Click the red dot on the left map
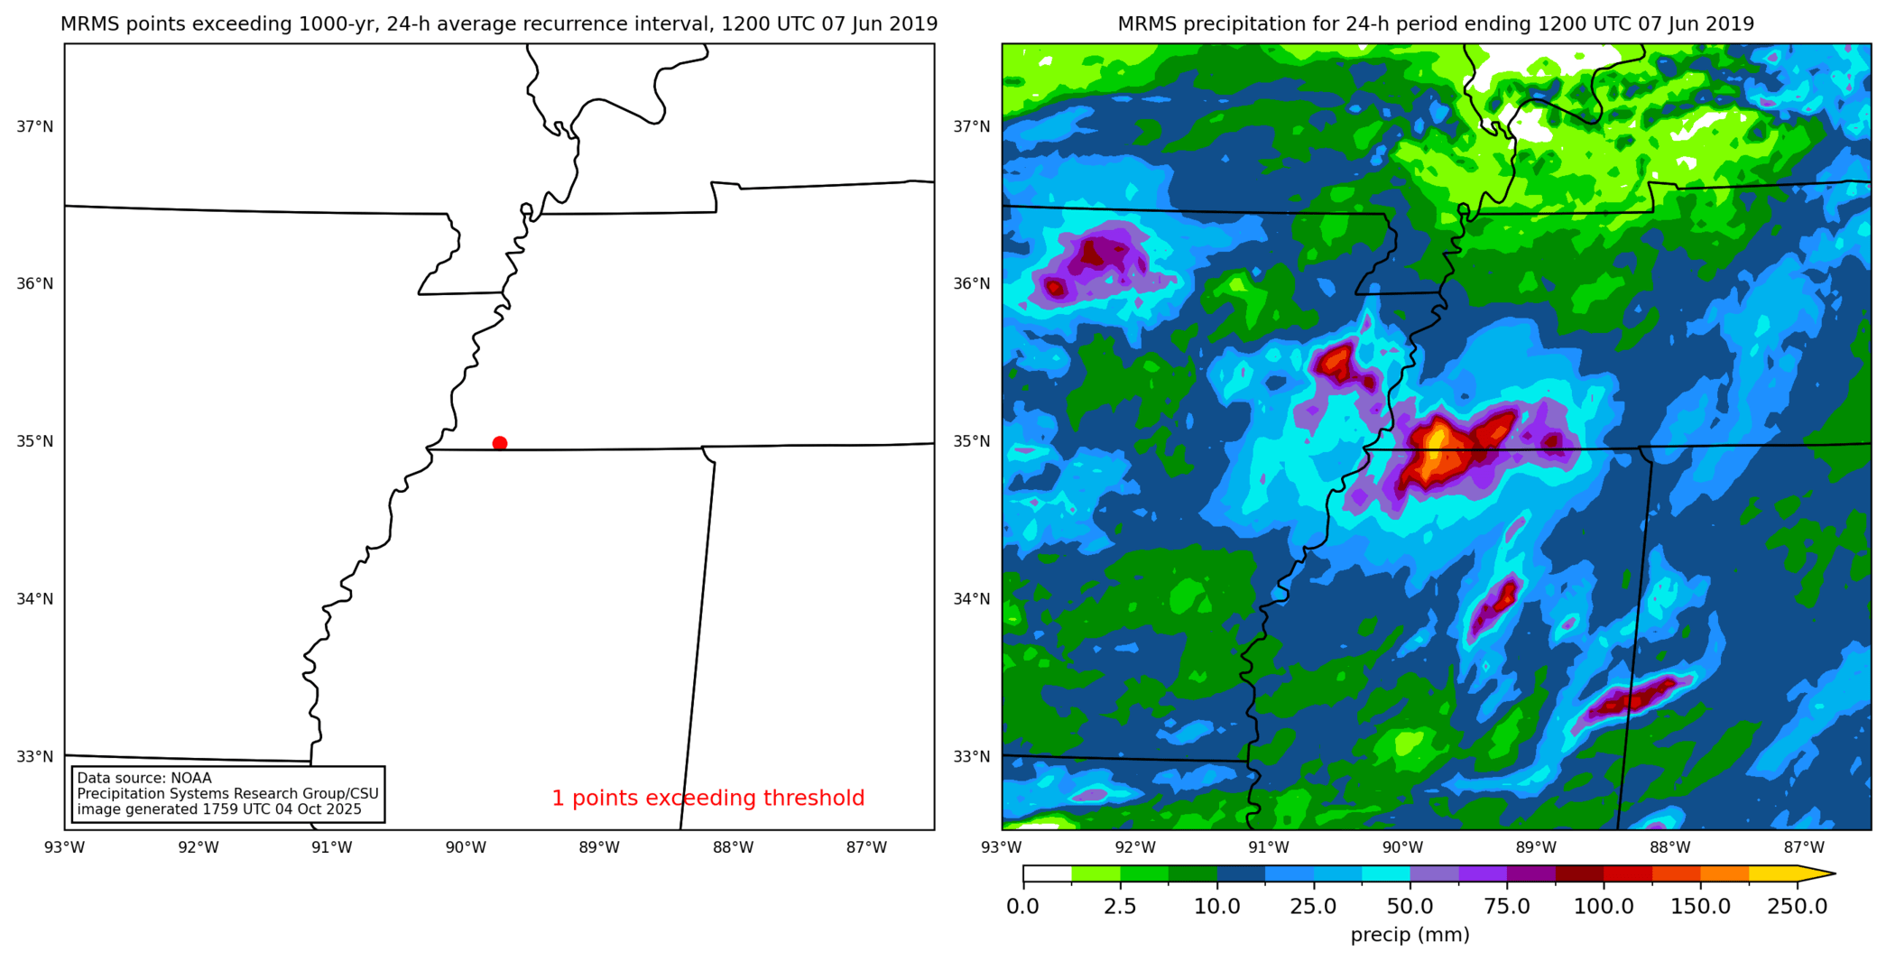tap(500, 443)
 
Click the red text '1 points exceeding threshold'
tap(707, 799)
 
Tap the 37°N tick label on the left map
tap(35, 126)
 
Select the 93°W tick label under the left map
tap(65, 847)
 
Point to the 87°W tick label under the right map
tap(1804, 847)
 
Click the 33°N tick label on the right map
tap(972, 756)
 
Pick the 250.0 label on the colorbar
tap(1797, 906)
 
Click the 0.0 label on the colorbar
tap(1022, 906)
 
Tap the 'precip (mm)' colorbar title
tap(1410, 935)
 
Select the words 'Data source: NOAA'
tap(144, 778)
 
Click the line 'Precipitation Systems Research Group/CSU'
tap(227, 793)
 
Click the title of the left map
tap(499, 24)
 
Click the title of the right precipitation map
tap(1436, 24)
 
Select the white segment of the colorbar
tap(1047, 873)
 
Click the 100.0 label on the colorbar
tap(1604, 906)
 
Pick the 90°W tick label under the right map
tap(1402, 847)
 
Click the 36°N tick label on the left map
tap(35, 283)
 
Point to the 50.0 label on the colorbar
tap(1410, 906)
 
